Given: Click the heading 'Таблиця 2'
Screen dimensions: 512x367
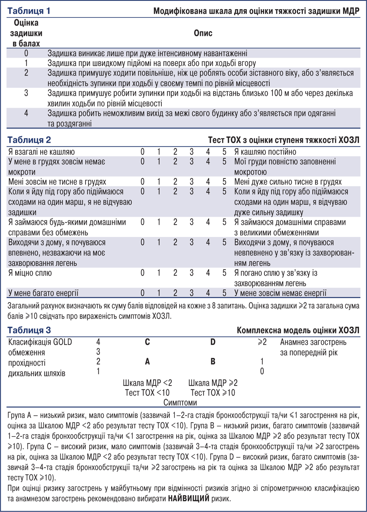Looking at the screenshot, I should coord(29,140).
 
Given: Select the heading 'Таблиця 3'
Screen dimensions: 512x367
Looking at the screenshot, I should coord(29,330).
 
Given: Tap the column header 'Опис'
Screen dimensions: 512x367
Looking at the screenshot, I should coord(203,33).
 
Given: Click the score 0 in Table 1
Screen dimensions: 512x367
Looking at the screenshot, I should coord(26,53).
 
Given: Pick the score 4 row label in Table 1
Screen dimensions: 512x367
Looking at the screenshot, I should coord(26,113).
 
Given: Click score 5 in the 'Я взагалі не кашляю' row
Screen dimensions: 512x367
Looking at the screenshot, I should coord(224,152).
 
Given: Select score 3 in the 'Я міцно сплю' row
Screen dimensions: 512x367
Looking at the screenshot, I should coord(192,273).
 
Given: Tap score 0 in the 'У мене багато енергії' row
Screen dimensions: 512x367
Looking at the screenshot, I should coord(142,293).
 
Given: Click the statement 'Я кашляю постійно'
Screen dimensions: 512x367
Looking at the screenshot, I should coord(265,152).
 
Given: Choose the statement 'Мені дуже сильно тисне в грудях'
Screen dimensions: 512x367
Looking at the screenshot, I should coord(288,182).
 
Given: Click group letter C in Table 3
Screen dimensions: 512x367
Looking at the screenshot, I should coord(147,342).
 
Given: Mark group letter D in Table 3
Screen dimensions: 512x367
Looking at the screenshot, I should coord(213,342).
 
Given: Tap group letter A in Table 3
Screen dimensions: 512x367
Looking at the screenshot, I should coord(147,362).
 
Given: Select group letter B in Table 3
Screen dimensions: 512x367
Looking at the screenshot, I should coord(213,362).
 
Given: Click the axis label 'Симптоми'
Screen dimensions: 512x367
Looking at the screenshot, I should coord(180,403).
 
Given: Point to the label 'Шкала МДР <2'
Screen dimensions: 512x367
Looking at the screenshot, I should coord(147,383).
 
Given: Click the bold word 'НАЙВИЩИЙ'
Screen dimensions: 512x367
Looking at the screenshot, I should coord(189,499).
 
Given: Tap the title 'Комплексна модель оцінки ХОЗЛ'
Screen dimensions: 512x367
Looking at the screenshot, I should coord(298,331).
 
